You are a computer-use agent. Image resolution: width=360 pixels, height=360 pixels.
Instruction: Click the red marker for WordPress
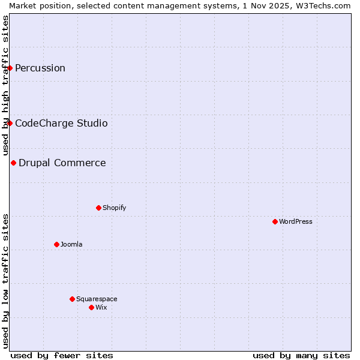coord(275,221)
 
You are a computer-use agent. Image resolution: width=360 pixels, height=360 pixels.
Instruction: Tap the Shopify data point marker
coord(98,208)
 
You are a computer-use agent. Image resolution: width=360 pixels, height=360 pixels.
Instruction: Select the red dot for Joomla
coord(56,244)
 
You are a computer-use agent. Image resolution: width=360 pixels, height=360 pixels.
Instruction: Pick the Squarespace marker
coord(72,299)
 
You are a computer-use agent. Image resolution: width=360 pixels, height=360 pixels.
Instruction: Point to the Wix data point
coord(91,307)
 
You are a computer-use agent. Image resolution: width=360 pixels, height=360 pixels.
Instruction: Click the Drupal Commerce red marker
coord(13,163)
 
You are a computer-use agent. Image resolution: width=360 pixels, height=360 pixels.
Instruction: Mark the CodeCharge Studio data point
coord(10,123)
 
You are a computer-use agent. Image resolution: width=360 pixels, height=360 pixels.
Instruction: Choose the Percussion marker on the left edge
coord(10,68)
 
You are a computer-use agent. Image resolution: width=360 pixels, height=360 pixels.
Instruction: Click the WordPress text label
coord(296,221)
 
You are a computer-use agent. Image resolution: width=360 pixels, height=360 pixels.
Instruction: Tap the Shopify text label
coord(114,208)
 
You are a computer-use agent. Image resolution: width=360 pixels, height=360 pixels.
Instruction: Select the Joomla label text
coord(71,244)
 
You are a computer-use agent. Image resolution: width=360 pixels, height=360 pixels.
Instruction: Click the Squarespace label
coord(97,299)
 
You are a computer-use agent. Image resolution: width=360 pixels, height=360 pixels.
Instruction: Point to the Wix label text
coord(101,307)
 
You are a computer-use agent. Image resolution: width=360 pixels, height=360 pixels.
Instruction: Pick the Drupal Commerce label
coord(62,163)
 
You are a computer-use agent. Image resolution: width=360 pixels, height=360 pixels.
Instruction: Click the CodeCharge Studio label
coord(61,123)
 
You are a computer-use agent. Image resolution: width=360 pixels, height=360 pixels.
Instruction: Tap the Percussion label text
coord(40,68)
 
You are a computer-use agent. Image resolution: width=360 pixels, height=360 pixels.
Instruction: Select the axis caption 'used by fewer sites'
coord(62,355)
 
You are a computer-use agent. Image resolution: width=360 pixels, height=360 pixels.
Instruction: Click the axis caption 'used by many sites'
coord(301,355)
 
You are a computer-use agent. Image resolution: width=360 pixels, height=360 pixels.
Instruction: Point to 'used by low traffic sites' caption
coord(5,281)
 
